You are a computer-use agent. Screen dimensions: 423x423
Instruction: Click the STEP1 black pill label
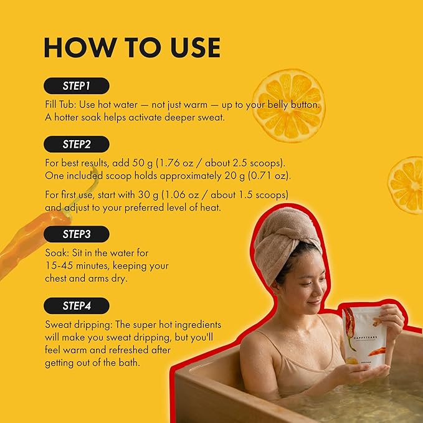coord(77,86)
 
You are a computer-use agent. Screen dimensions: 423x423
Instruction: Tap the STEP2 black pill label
coord(77,145)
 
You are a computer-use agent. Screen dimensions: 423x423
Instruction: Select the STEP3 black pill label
coord(77,234)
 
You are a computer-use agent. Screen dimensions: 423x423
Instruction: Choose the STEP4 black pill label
coord(77,306)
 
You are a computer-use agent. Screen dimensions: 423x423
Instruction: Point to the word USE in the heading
coord(196,47)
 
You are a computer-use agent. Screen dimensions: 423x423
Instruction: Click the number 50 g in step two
coord(143,163)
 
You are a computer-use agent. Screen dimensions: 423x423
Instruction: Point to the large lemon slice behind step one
coord(289,105)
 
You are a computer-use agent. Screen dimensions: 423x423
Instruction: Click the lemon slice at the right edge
coord(406,185)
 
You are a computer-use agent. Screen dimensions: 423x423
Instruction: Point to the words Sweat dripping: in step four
coord(78,325)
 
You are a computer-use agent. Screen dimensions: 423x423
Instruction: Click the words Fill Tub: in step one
coord(60,105)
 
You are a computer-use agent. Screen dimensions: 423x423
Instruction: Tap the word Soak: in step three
coord(57,253)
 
